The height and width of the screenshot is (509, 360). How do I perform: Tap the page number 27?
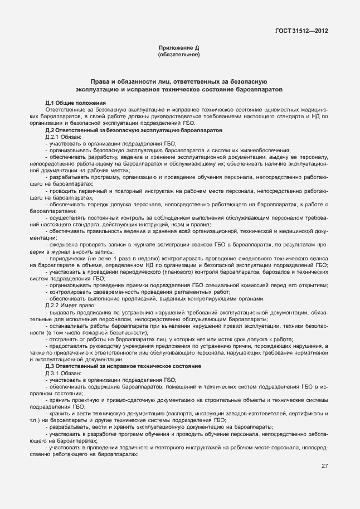[x=324, y=466]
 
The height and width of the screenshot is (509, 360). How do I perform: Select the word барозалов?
[x=274, y=272]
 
